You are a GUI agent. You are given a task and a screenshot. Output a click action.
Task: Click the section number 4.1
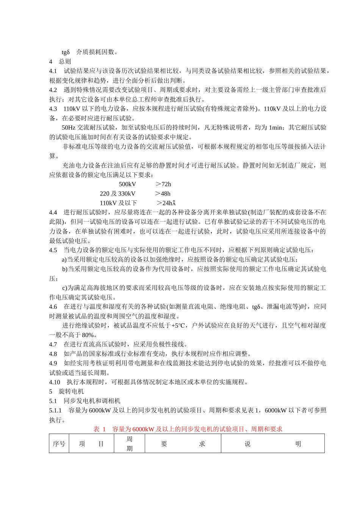53,71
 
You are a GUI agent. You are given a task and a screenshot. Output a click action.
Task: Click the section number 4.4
53,212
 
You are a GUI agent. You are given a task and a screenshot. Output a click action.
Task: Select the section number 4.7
53,344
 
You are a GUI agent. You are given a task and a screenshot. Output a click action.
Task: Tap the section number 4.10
55,382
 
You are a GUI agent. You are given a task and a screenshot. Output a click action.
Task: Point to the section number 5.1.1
55,410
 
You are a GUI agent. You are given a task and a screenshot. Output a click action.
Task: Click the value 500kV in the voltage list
127,184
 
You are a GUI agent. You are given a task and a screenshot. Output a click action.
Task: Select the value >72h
163,184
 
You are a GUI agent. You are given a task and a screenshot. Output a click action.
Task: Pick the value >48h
163,194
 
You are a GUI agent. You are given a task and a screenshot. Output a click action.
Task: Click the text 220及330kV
117,194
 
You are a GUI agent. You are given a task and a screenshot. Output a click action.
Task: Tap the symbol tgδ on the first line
66,52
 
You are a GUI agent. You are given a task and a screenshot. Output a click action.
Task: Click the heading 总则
65,61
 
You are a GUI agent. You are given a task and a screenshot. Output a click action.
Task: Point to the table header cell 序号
59,444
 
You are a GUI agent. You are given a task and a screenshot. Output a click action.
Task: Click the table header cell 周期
130,443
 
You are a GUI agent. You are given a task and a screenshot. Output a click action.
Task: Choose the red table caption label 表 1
99,429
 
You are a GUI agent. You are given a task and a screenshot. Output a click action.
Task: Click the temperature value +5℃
178,325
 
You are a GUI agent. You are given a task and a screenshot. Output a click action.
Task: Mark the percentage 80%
88,335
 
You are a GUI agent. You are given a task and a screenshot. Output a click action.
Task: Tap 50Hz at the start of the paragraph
69,128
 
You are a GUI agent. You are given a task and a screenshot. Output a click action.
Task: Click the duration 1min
275,128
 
